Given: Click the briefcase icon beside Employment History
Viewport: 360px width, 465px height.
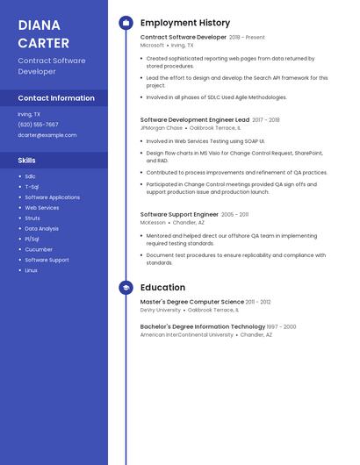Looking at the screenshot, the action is pyautogui.click(x=126, y=23).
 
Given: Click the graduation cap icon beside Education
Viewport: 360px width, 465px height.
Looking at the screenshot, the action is pyautogui.click(x=126, y=287).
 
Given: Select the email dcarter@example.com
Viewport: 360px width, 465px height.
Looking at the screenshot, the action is pyautogui.click(x=47, y=135).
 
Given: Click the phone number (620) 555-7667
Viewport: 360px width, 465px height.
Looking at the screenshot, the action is pyautogui.click(x=38, y=125).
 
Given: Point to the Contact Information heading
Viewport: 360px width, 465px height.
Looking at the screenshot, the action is pyautogui.click(x=56, y=98).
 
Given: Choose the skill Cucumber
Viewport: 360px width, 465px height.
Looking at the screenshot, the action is pyautogui.click(x=39, y=249).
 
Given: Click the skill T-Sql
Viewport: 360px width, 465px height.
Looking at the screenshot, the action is pyautogui.click(x=32, y=187).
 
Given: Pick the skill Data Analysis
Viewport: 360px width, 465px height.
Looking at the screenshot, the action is pyautogui.click(x=41, y=228).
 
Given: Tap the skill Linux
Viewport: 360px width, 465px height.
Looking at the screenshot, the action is pyautogui.click(x=31, y=270).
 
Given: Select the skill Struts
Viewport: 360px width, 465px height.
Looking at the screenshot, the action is pyautogui.click(x=32, y=218).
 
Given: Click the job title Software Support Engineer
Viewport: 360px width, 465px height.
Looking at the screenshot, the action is pyautogui.click(x=179, y=214).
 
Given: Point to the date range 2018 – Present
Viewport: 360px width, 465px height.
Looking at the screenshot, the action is pyautogui.click(x=247, y=38).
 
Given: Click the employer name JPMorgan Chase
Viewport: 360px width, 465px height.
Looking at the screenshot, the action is pyautogui.click(x=162, y=128).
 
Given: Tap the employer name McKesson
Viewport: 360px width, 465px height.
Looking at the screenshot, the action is pyautogui.click(x=153, y=223).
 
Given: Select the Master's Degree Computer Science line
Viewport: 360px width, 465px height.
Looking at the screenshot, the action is pyautogui.click(x=192, y=302).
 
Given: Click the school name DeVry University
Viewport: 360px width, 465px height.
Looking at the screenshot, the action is pyautogui.click(x=161, y=310).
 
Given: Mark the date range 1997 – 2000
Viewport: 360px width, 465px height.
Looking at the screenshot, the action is pyautogui.click(x=282, y=326).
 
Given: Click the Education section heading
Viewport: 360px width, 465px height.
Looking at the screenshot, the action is pyautogui.click(x=162, y=287).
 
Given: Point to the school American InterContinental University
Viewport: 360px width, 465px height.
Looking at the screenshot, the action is pyautogui.click(x=187, y=334).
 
